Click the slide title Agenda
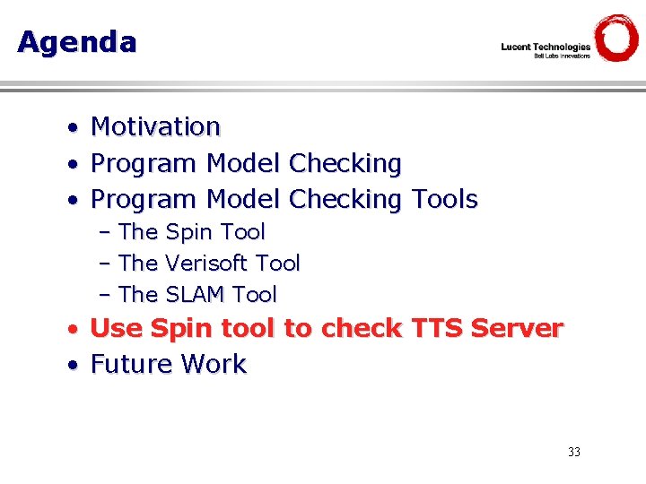[76, 42]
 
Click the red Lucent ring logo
[616, 39]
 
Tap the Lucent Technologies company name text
[546, 47]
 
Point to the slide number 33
[574, 452]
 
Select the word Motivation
[155, 127]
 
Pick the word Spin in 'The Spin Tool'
[189, 232]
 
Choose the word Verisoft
[206, 264]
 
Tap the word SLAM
[195, 295]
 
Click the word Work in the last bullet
[214, 365]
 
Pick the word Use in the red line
[117, 329]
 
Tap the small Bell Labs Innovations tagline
[562, 56]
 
